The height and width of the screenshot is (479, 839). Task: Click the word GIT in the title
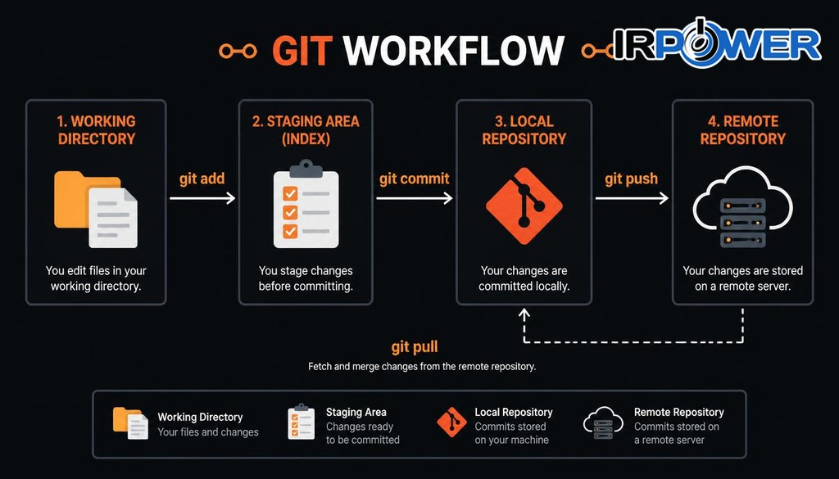(x=302, y=50)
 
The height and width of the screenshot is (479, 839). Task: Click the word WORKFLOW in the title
(x=454, y=50)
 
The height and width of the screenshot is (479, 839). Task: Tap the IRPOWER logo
(x=717, y=43)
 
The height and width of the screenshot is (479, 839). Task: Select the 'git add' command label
(x=202, y=178)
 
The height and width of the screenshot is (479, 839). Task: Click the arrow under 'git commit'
(x=414, y=198)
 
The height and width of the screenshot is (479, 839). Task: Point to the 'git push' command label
(x=632, y=178)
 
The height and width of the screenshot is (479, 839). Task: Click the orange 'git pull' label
(x=415, y=347)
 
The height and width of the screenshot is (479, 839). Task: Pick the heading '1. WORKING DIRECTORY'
(x=97, y=130)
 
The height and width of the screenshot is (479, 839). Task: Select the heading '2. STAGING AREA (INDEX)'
(x=306, y=130)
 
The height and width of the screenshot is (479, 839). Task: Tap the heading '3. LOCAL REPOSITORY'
(x=524, y=130)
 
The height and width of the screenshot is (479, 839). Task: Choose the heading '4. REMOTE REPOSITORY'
(x=742, y=130)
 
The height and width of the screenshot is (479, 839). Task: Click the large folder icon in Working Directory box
(x=96, y=210)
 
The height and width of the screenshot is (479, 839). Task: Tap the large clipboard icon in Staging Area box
(x=306, y=204)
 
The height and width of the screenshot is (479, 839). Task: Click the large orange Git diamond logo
(x=524, y=206)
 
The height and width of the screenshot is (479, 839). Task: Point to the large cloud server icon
(x=742, y=206)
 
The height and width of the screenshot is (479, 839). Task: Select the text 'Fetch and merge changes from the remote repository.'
(x=422, y=367)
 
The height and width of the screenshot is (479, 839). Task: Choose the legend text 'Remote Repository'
(x=679, y=412)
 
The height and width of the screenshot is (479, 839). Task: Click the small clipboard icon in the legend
(x=302, y=422)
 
